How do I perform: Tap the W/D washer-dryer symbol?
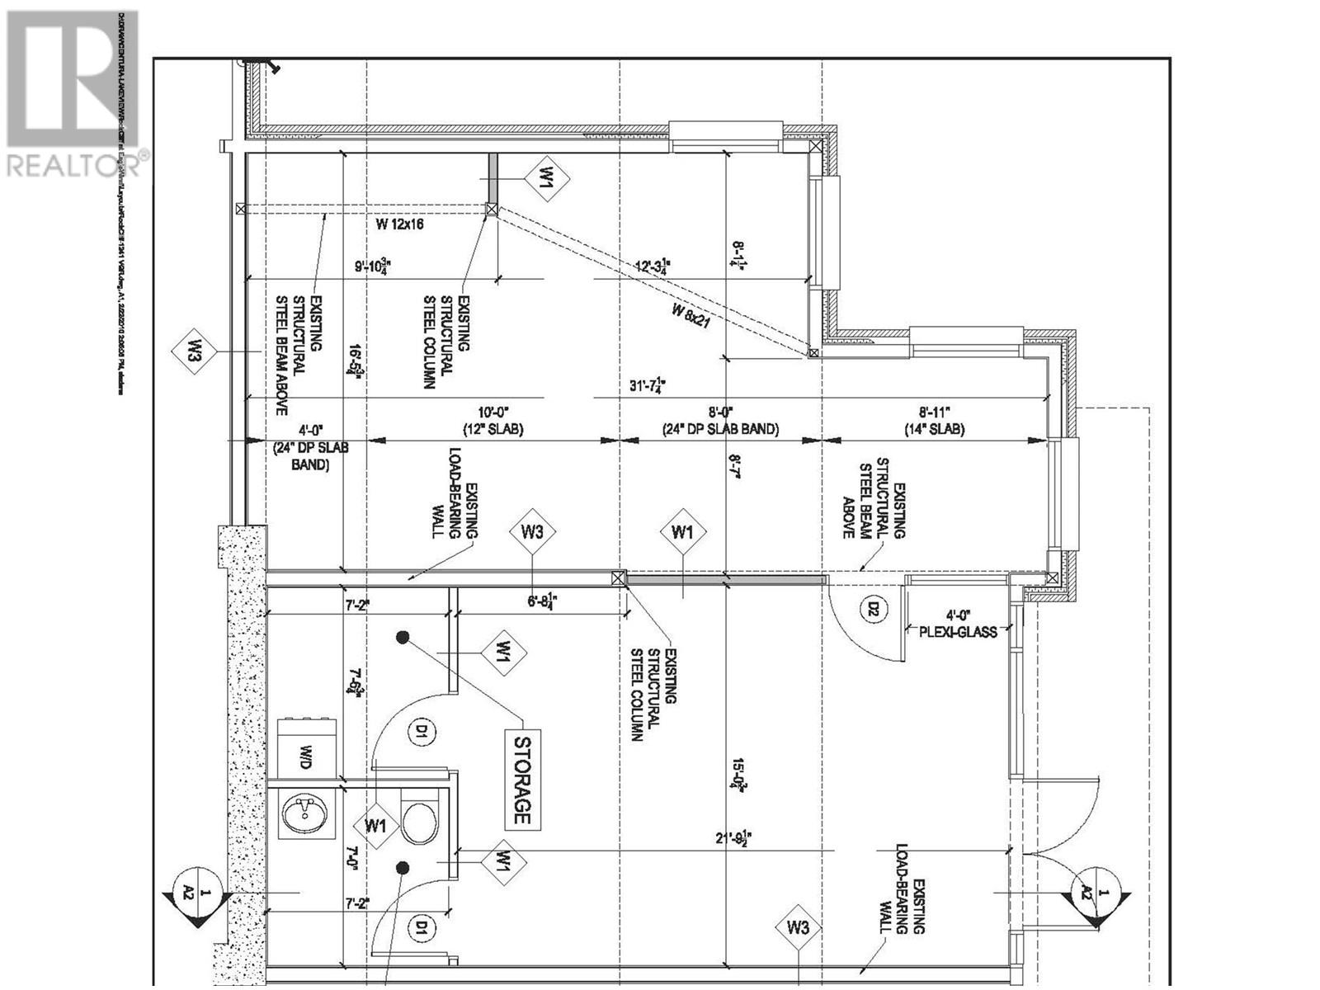point(305,752)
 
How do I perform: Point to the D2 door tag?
point(872,610)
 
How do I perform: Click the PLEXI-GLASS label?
point(958,631)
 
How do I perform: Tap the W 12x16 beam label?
point(399,224)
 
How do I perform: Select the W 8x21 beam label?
point(691,316)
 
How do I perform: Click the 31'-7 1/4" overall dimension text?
point(647,385)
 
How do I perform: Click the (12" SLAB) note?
point(493,429)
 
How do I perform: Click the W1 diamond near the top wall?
point(546,178)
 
